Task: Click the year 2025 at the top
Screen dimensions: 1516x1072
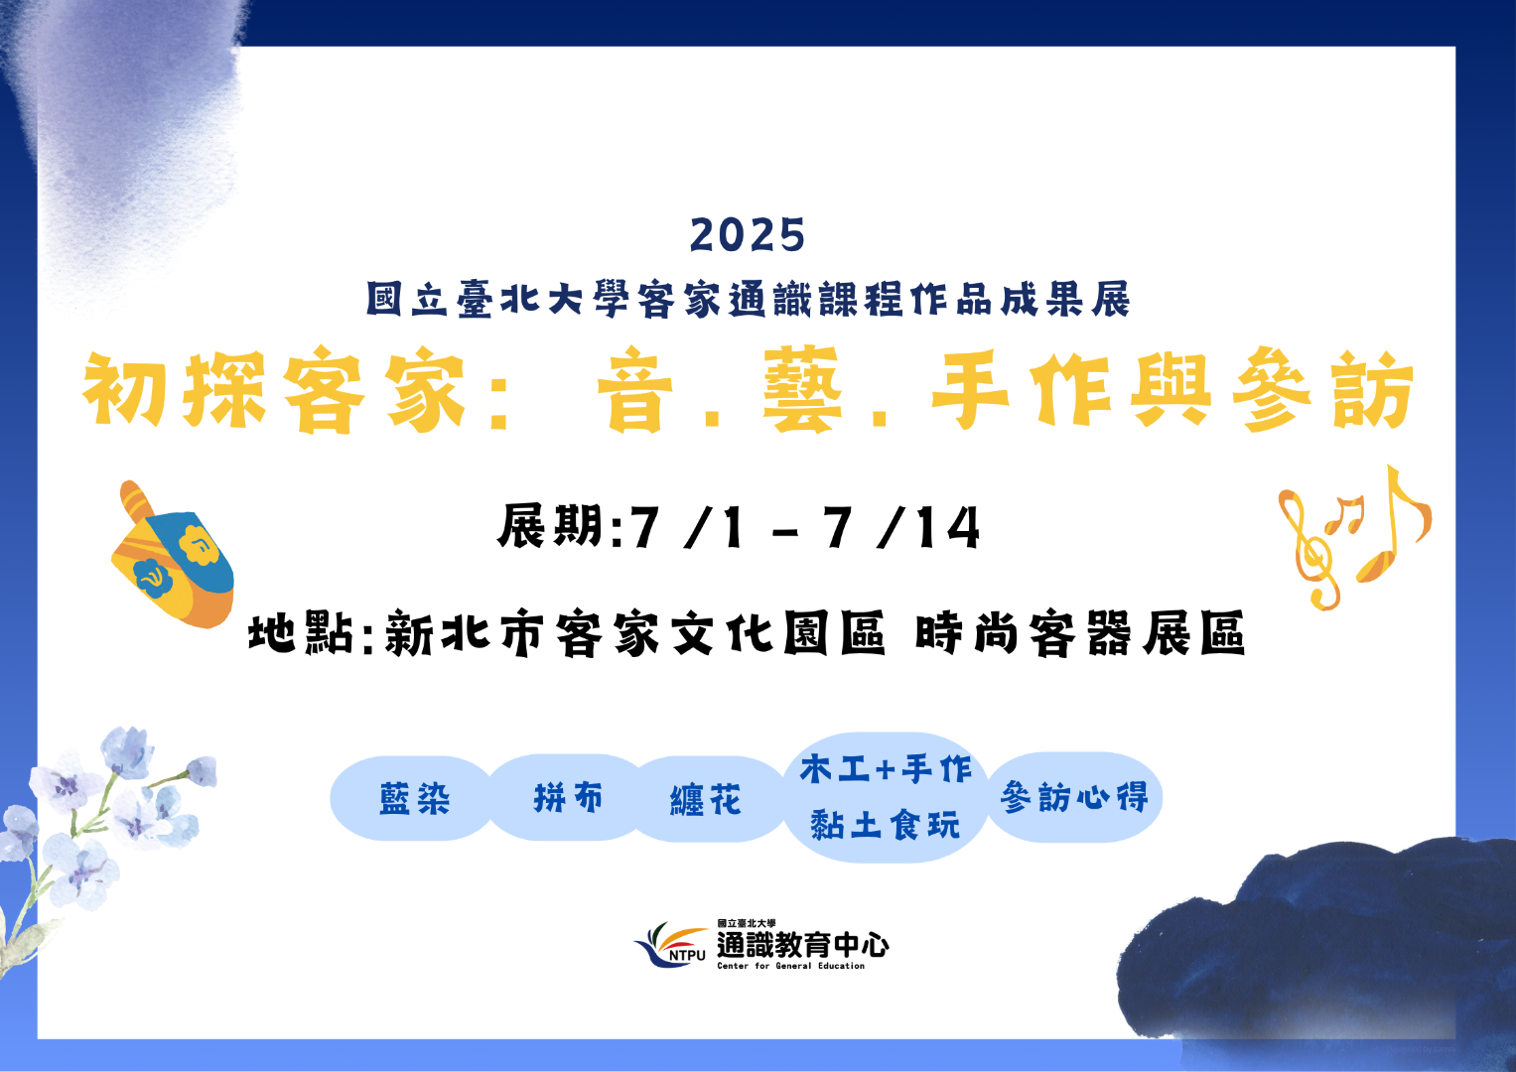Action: pyautogui.click(x=748, y=235)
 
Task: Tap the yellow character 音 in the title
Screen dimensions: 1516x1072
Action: pyautogui.click(x=634, y=389)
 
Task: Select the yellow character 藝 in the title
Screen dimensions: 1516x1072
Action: pyautogui.click(x=802, y=389)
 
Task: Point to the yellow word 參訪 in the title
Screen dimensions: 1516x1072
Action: pyautogui.click(x=1323, y=389)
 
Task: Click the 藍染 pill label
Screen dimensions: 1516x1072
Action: pyautogui.click(x=414, y=799)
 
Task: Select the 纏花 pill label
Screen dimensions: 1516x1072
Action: pyautogui.click(x=706, y=800)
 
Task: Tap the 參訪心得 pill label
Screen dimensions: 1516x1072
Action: pyautogui.click(x=1075, y=796)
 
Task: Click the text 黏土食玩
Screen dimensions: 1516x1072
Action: pyautogui.click(x=886, y=825)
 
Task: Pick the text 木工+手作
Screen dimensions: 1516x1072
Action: pyautogui.click(x=886, y=769)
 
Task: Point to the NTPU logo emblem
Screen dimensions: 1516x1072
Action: pyautogui.click(x=670, y=945)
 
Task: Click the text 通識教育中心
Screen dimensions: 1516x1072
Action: pyautogui.click(x=802, y=945)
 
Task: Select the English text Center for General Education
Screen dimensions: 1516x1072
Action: pyautogui.click(x=790, y=966)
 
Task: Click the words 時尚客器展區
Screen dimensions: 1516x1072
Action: pyautogui.click(x=1080, y=633)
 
